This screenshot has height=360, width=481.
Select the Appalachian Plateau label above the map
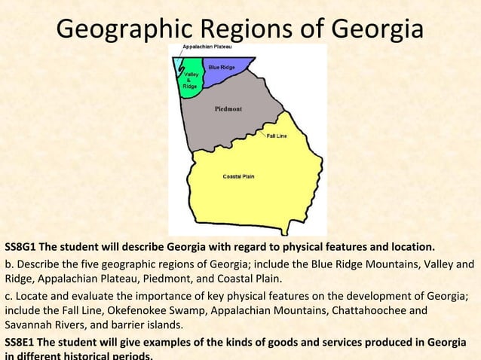205,47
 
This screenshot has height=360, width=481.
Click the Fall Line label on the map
277,136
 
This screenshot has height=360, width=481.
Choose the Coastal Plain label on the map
238,176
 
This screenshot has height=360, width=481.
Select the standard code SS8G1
20,247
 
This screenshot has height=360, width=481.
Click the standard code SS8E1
20,343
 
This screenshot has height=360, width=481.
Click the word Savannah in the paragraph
29,325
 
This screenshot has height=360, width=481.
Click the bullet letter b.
8,264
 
